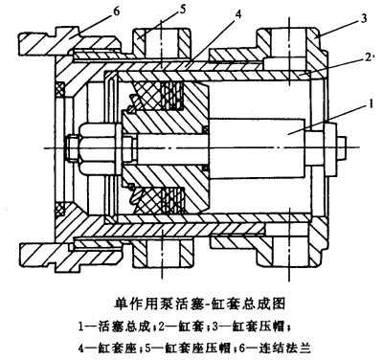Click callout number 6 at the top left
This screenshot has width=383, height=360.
[116, 12]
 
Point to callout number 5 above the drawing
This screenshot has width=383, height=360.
[182, 10]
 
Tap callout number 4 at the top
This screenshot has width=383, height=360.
[237, 14]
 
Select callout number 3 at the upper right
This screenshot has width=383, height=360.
[363, 18]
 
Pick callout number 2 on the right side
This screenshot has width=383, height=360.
[368, 57]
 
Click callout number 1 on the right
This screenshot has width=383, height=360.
[371, 104]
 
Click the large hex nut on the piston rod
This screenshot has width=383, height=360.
[96, 147]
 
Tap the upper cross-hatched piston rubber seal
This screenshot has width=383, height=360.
[159, 96]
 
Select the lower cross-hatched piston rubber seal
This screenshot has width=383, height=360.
[159, 200]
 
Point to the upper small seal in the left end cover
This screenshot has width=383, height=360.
[60, 90]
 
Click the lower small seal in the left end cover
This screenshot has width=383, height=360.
[60, 207]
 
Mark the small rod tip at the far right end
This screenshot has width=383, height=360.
[342, 147]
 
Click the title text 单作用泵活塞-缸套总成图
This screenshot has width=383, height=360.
[199, 304]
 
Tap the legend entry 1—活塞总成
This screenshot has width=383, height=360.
[114, 326]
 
